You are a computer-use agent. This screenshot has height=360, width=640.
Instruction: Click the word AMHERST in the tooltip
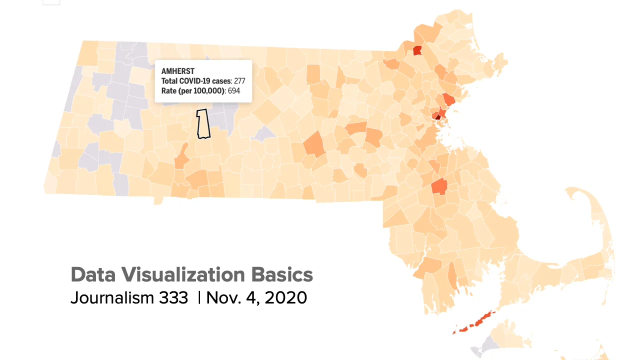177,71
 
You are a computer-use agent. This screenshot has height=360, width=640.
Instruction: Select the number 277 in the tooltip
239,81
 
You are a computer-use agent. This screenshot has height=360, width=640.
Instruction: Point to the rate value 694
234,91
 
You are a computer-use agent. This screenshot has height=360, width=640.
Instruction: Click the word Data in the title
93,274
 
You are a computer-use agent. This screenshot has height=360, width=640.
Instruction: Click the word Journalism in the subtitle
112,297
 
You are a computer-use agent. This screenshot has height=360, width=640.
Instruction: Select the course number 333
173,297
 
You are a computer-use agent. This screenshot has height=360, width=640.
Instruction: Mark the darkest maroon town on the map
438,117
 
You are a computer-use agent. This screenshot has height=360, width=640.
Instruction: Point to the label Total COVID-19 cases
196,81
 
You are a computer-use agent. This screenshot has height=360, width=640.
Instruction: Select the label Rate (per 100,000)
193,91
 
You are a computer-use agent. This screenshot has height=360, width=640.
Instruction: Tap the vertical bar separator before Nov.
199,297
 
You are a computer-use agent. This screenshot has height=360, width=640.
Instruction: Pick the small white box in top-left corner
51,2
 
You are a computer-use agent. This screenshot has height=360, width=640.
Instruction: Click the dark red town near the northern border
417,50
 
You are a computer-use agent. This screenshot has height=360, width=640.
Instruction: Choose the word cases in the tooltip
221,81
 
